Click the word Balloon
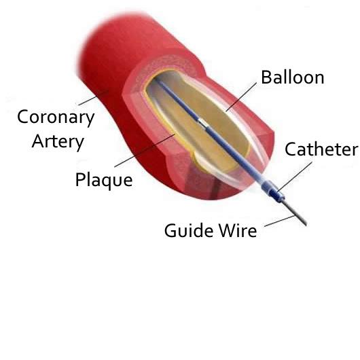293,77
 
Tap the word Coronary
56,118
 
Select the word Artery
58,142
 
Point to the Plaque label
104,180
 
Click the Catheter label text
321,149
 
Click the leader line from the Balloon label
241,97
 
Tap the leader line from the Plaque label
145,150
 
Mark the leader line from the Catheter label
295,177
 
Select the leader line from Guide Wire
279,221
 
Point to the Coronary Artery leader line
93,98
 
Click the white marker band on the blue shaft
202,123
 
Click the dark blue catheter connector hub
277,195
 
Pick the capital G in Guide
170,230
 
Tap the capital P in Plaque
80,179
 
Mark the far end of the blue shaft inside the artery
155,79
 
